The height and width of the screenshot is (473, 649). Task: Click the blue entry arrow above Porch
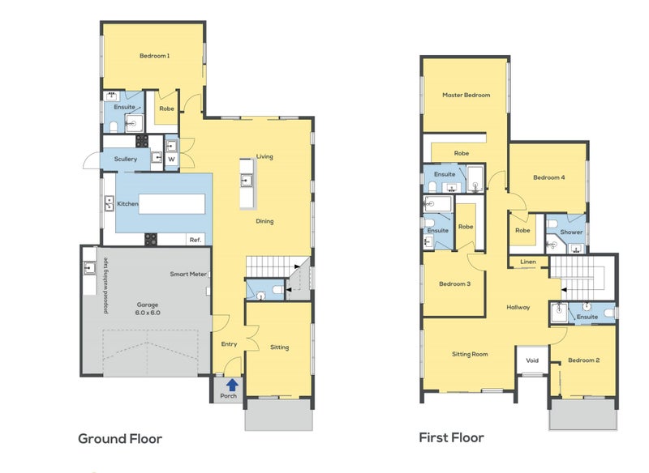coord(233,385)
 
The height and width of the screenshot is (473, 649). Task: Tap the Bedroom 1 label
coord(154,56)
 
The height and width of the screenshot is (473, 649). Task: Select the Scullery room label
coord(126,159)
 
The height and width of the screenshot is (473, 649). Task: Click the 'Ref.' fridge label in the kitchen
coord(196,240)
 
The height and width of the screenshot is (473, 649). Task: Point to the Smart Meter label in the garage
coord(188,274)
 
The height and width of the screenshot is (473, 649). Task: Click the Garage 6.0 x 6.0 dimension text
coord(148,313)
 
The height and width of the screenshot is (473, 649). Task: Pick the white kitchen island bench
coord(172,204)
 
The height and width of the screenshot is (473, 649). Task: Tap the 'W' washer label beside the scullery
coord(171,159)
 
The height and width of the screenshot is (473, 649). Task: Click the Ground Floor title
coord(120,439)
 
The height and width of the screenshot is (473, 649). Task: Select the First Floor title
coord(451,437)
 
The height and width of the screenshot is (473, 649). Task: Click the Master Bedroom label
coord(466,95)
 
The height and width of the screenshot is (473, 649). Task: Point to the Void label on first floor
coord(532,360)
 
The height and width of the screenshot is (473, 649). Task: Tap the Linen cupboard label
coord(528,262)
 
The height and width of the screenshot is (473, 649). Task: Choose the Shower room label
coord(571,232)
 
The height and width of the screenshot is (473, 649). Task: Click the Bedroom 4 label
coord(549,177)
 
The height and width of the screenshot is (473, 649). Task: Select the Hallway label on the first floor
coord(518,307)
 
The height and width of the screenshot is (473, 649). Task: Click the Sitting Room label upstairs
coord(470,354)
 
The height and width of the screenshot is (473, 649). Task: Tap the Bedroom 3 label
coord(454,283)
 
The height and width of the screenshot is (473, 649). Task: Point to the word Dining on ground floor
coord(264,221)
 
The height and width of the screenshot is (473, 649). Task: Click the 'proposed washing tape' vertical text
coord(106,286)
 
